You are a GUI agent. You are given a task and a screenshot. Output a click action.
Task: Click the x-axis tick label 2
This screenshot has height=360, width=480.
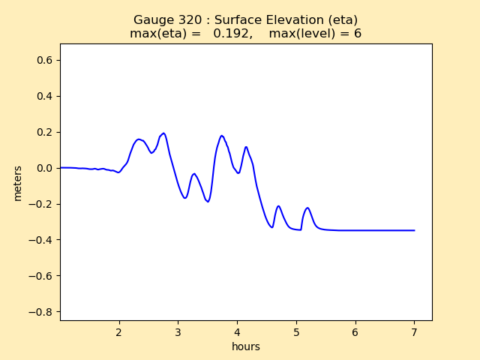(118, 332)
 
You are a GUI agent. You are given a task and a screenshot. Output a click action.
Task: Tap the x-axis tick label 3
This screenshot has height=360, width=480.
(178, 332)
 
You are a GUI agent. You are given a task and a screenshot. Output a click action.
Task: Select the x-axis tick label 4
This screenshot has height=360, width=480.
(237, 332)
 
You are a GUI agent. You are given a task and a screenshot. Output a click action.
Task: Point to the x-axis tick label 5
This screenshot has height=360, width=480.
(296, 332)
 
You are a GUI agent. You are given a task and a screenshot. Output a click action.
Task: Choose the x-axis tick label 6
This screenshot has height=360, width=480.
(355, 332)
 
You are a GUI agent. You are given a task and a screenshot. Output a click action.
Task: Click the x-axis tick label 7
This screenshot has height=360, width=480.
(414, 332)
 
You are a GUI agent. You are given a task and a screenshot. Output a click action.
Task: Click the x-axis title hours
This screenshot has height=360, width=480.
(246, 347)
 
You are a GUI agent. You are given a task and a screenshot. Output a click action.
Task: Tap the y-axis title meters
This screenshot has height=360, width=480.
(17, 182)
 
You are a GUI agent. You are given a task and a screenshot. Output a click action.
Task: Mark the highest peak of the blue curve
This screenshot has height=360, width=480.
(163, 133)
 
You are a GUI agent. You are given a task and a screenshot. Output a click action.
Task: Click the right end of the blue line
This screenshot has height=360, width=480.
(414, 230)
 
